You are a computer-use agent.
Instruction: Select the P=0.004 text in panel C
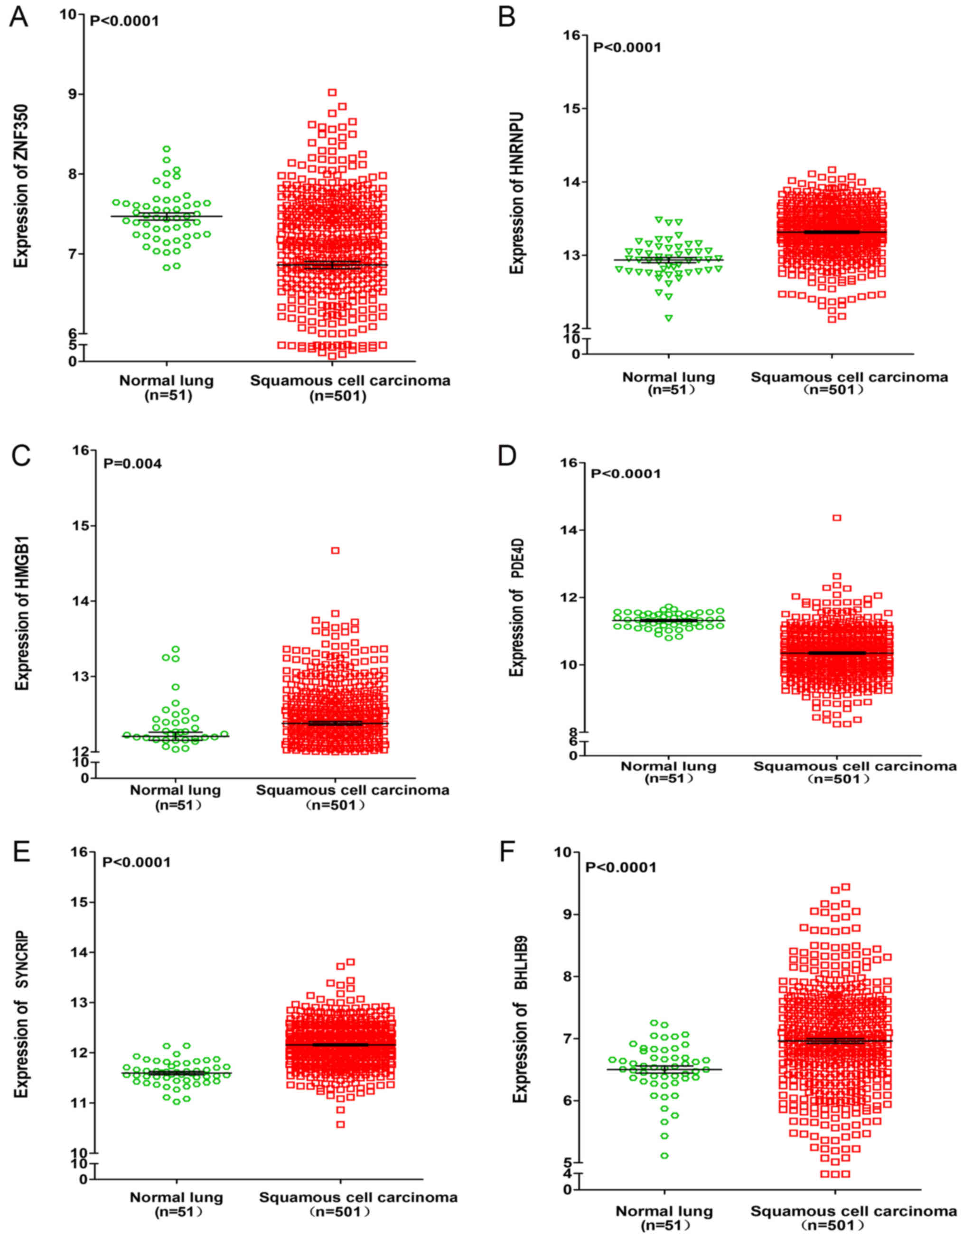[132, 464]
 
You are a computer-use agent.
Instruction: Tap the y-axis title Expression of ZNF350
[21, 186]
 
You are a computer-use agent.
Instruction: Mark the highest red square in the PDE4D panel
[836, 518]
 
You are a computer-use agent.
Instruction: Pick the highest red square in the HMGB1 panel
[335, 550]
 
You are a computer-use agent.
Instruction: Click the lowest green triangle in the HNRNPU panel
[669, 318]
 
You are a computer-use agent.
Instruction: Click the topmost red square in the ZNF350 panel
[332, 93]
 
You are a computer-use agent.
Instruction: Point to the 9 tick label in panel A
[73, 94]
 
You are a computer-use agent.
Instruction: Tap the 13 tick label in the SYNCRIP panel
[79, 1002]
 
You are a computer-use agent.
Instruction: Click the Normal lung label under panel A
[166, 381]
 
